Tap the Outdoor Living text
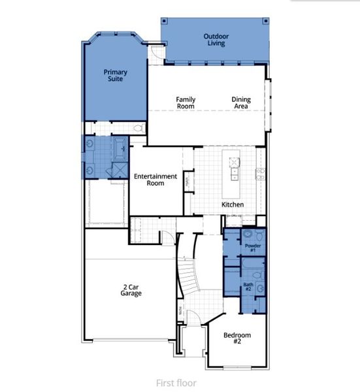point(214,40)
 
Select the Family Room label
point(186,103)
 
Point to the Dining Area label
point(240,103)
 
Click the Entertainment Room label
point(155,180)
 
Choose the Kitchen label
point(233,204)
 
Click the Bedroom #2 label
point(237,339)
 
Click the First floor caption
point(176,383)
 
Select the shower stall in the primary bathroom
point(120,170)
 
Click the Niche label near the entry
point(180,313)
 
